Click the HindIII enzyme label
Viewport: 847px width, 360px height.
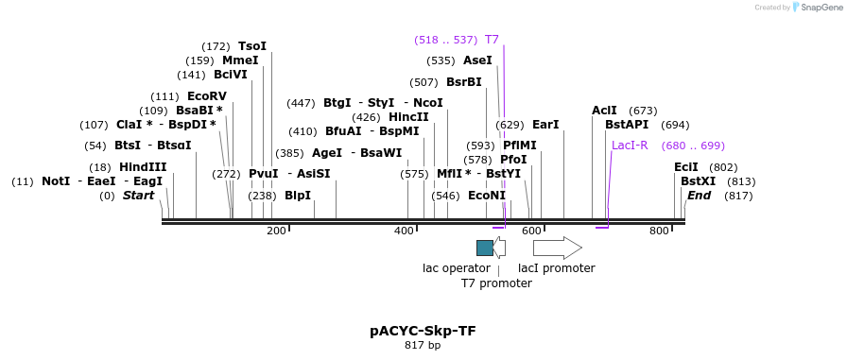[x=143, y=167]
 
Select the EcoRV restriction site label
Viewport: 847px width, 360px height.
[x=207, y=96]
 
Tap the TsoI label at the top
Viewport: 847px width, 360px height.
[x=252, y=46]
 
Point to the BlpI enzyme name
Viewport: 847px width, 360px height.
[x=298, y=195]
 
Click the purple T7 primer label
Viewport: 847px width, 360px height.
[x=492, y=40]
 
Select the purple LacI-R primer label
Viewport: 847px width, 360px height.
[x=630, y=146]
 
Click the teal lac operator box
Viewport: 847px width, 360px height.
[x=485, y=248]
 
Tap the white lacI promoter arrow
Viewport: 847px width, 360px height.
[x=558, y=248]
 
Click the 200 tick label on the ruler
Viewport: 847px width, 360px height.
[x=277, y=231]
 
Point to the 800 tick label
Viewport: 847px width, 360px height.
[x=659, y=231]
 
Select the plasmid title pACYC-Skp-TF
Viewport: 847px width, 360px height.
[x=423, y=331]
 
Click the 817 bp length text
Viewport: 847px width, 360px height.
[x=423, y=345]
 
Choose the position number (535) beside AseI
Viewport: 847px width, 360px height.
[x=441, y=60]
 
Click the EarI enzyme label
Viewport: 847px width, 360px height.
[x=545, y=125]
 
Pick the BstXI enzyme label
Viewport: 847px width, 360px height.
[x=698, y=181]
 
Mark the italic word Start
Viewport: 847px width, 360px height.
[x=138, y=196]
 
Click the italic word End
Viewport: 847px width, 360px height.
[x=699, y=196]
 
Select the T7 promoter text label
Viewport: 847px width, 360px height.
[x=496, y=283]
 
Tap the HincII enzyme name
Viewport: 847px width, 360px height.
[x=409, y=116]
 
